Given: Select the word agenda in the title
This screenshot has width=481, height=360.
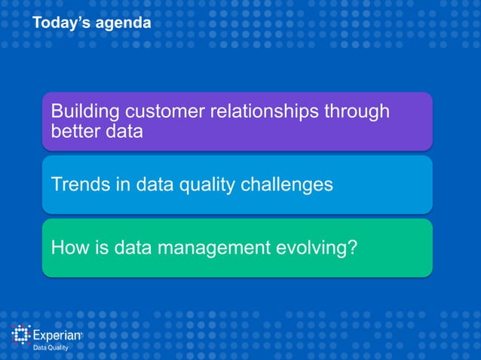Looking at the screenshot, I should tap(125, 25).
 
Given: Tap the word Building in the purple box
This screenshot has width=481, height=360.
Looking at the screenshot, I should tap(84, 112).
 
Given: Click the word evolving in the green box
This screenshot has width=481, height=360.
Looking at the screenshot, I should tap(308, 248).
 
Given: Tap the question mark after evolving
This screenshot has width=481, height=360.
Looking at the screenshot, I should tap(351, 247).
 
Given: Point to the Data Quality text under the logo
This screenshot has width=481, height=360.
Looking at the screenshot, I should tap(50, 349).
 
